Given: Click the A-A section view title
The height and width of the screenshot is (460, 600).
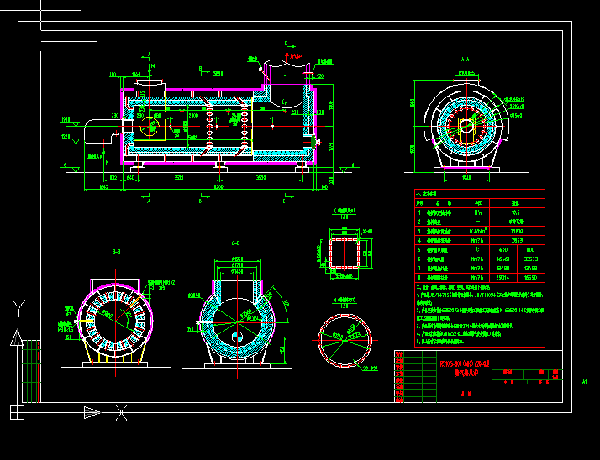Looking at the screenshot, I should tap(465, 60).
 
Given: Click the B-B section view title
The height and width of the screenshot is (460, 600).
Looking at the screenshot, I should tap(116, 251).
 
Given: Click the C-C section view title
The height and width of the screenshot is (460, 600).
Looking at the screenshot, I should tap(235, 243).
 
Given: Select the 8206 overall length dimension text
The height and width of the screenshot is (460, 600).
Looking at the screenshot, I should tap(219, 187).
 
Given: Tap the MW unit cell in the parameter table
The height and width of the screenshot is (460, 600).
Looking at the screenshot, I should tap(477, 212).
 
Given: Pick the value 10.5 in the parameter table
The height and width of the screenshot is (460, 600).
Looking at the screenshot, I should tap(516, 212).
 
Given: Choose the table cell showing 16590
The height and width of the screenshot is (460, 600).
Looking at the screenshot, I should tap(530, 278).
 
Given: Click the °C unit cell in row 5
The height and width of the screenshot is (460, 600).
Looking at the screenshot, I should tap(477, 248).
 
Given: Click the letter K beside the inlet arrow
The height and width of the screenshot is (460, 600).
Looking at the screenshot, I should tap(99, 156).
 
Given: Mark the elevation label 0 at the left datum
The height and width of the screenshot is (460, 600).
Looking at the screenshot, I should tap(65, 165).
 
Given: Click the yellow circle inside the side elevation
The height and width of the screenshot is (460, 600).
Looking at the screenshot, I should tap(151, 126).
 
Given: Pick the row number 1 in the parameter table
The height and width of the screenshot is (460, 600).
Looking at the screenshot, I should tap(419, 212).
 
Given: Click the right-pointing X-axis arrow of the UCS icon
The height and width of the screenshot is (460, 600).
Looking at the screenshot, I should tap(92, 412).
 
